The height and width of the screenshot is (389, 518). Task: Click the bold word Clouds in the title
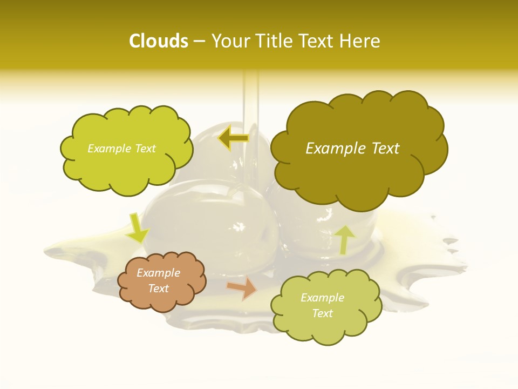coord(158,41)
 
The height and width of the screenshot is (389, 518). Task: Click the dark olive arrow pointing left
coord(234,138)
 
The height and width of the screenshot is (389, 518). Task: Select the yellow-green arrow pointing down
coord(137,227)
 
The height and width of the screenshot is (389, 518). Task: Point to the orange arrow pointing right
coord(242,289)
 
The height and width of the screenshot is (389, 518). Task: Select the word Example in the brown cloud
coord(158,273)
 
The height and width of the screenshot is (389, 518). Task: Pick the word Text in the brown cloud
coord(158,289)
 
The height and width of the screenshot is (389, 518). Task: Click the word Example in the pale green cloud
coord(322,298)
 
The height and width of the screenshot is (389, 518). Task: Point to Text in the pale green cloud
coord(322,313)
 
